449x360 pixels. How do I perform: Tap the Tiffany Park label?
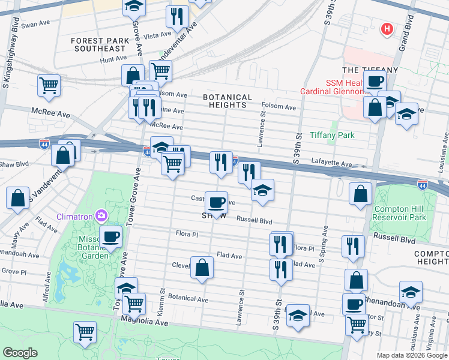tap(332, 136)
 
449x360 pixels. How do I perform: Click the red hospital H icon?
tap(387, 28)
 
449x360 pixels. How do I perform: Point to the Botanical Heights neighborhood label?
tap(227, 101)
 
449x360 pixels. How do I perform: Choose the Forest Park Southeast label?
tap(98, 44)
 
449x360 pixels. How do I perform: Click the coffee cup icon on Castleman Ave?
tap(216, 201)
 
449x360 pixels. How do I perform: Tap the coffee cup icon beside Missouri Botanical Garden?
tap(110, 236)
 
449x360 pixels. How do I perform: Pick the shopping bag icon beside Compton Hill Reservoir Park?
tap(360, 194)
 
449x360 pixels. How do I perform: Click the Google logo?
tap(20, 352)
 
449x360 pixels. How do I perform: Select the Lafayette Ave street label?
tap(331, 163)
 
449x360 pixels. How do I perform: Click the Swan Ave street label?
tap(33, 26)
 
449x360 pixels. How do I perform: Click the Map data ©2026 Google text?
tap(412, 355)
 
